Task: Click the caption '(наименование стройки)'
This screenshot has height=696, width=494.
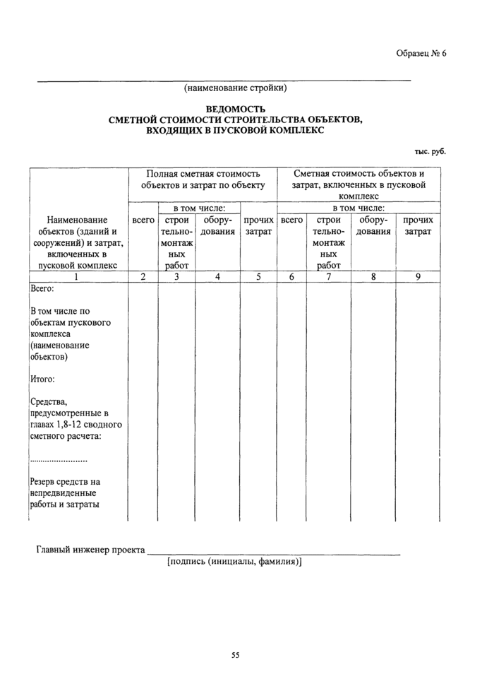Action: (x=235, y=89)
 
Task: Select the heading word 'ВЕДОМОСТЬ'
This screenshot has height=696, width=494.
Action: (x=235, y=110)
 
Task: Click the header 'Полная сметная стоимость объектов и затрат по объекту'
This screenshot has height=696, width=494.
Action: (x=203, y=179)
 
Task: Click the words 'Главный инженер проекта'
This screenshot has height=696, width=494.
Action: (x=90, y=550)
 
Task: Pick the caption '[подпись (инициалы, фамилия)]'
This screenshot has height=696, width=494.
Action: (x=234, y=562)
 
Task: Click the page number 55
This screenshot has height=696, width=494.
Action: (x=236, y=655)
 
